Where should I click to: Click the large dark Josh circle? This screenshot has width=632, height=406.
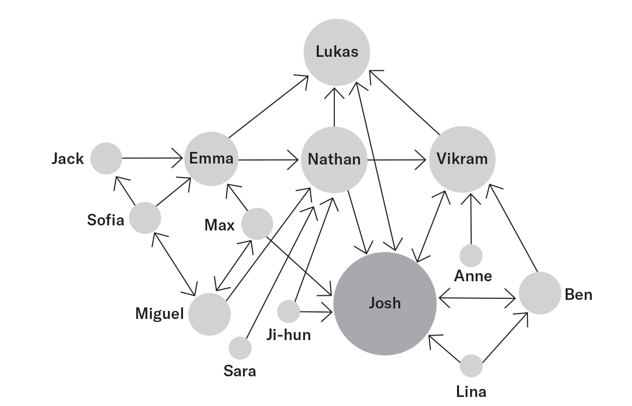[x=385, y=303]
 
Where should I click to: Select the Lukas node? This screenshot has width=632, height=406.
[x=337, y=52]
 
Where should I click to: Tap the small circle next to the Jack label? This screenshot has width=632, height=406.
[x=106, y=158]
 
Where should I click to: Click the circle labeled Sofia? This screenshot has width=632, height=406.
[x=145, y=218]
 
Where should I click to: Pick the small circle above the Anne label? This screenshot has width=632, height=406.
[x=471, y=256]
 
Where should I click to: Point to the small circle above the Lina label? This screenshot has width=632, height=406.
[x=471, y=366]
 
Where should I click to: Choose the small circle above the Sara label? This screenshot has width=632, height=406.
[x=240, y=348]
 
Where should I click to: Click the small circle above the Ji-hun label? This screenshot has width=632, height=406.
[x=289, y=311]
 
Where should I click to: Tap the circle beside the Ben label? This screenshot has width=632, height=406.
[x=539, y=293]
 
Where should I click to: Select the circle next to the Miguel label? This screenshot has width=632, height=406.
[x=209, y=314]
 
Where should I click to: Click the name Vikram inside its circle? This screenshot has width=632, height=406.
[x=462, y=159]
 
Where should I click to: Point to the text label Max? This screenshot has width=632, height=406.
[x=219, y=225]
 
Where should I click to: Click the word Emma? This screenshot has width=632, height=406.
[x=211, y=158]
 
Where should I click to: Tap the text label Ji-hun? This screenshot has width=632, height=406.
[x=288, y=335]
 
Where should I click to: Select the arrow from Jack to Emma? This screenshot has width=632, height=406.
[x=151, y=158]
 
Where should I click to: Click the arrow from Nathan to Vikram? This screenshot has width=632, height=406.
[x=397, y=160]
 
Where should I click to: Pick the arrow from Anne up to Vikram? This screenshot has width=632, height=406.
[x=471, y=219]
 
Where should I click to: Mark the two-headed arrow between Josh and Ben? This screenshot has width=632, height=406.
[x=478, y=299]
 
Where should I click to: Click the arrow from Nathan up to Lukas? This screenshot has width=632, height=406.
[x=334, y=108]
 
